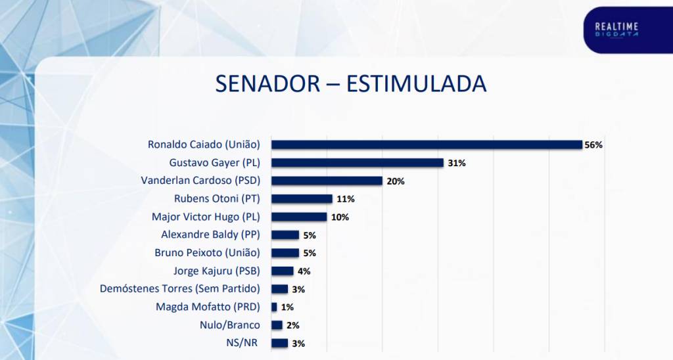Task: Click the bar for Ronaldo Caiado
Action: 427,145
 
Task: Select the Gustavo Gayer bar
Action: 358,162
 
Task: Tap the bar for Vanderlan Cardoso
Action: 327,181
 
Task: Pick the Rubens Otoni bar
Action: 302,198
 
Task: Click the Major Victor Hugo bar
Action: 299,217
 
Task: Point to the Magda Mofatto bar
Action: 274,307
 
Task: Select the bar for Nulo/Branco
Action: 277,325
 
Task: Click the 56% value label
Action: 593,145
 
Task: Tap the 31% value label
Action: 456,163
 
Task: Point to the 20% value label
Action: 394,181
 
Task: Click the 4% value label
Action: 304,271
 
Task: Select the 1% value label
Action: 287,307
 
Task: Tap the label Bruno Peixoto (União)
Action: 207,253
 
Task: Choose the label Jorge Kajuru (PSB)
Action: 216,271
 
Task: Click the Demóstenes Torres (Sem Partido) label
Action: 179,288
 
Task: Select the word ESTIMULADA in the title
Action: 416,85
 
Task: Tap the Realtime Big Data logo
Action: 616,30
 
